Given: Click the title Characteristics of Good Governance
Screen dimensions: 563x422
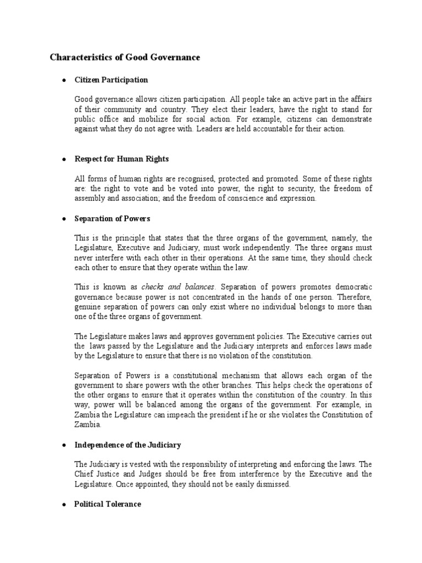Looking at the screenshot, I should [x=125, y=57].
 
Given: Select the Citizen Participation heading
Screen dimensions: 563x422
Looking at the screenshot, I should [x=111, y=80].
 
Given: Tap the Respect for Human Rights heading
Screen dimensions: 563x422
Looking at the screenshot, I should [x=121, y=159].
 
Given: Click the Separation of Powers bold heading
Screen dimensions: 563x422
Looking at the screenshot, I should [x=112, y=218].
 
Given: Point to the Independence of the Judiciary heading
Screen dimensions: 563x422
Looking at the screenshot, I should [x=127, y=445].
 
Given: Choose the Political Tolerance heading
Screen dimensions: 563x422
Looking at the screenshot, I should [x=108, y=504].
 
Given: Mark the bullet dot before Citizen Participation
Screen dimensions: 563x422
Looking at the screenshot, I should [x=64, y=80].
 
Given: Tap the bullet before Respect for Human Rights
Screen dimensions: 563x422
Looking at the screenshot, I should [x=64, y=159].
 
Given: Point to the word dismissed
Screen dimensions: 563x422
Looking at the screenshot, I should [x=274, y=484].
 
